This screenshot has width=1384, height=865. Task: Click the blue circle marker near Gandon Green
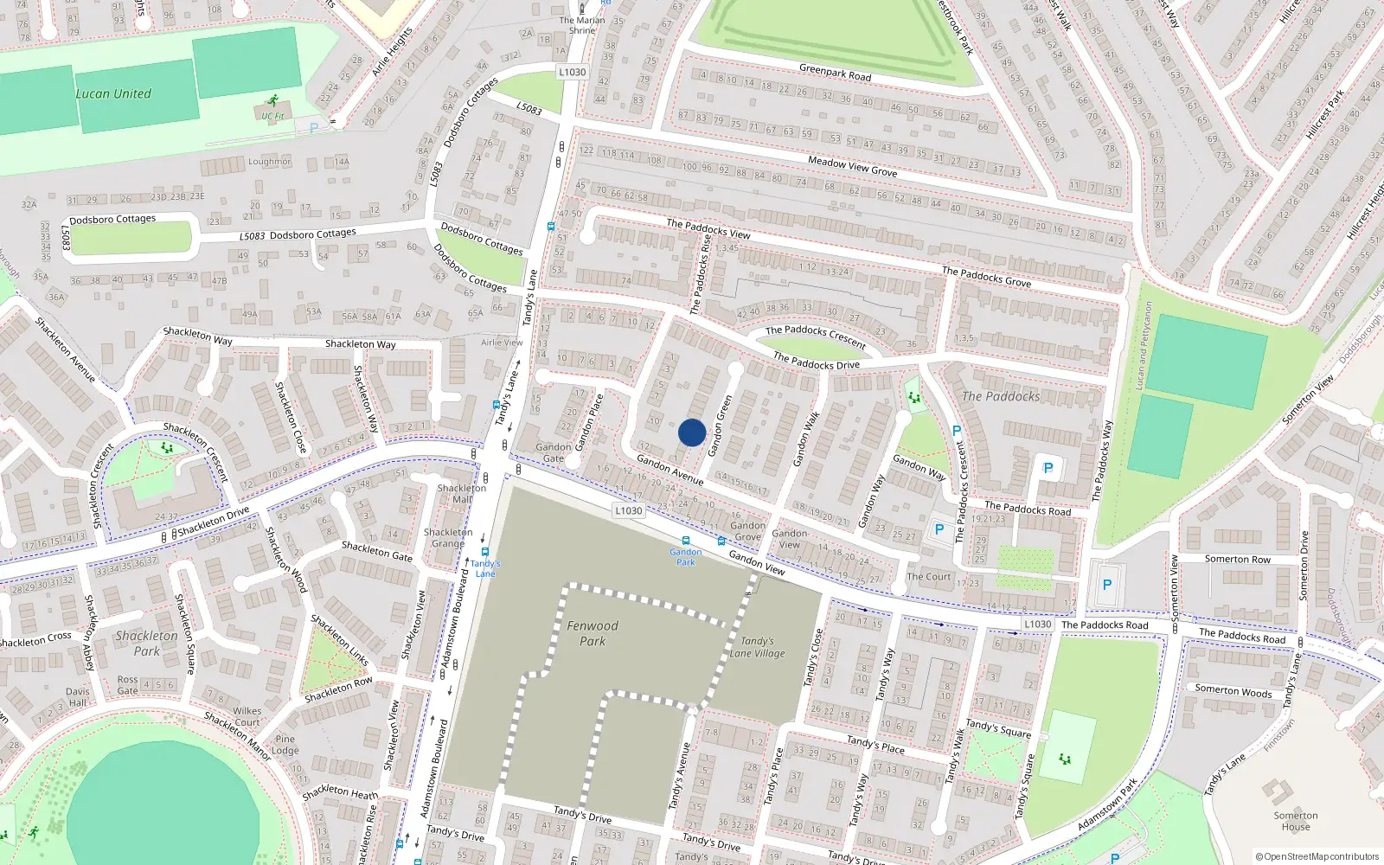click(x=692, y=432)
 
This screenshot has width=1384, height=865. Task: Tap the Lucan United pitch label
click(x=113, y=93)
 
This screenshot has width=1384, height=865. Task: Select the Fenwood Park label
click(x=593, y=633)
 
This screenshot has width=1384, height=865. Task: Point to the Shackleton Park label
click(x=146, y=643)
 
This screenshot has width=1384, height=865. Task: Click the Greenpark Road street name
click(x=835, y=72)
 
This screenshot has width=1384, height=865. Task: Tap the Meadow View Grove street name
click(x=852, y=166)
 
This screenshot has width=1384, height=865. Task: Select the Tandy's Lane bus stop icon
click(x=484, y=551)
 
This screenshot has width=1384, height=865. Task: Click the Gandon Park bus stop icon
click(x=686, y=541)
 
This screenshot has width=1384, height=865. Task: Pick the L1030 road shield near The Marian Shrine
click(x=572, y=72)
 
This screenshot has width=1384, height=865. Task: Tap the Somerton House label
click(x=1295, y=821)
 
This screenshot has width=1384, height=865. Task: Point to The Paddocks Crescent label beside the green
click(x=815, y=336)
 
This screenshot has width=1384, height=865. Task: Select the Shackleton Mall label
click(x=461, y=493)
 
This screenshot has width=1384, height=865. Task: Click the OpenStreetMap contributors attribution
click(x=1317, y=856)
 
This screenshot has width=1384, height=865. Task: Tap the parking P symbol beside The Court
click(x=939, y=529)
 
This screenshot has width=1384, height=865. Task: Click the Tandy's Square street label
click(x=998, y=728)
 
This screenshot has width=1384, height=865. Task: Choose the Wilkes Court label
click(x=247, y=716)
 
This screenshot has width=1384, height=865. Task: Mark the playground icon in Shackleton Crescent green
click(x=167, y=448)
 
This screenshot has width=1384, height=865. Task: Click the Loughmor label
click(x=269, y=162)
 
